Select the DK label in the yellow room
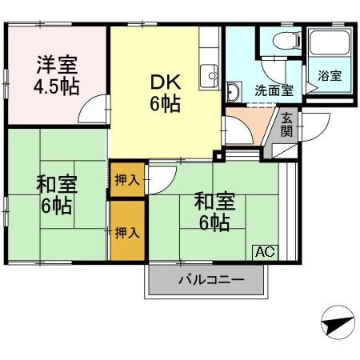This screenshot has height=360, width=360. (163, 81)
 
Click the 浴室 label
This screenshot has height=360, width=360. (329, 76)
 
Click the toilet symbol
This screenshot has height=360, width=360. (283, 42)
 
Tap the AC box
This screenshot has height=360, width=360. (265, 251)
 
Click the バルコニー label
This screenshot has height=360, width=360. (206, 281)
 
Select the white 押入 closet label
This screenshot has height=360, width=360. (126, 179)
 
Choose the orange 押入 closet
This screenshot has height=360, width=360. (126, 232)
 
